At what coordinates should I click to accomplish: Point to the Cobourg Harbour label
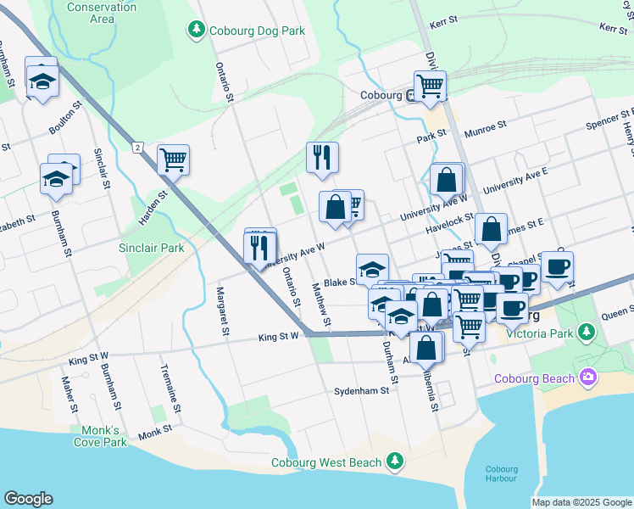(501, 473)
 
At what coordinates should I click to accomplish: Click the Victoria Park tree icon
(586, 329)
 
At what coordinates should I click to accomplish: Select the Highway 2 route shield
(136, 148)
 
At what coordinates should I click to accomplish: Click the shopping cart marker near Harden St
(173, 158)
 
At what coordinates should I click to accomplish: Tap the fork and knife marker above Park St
(322, 156)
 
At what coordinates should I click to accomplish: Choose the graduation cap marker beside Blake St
(371, 269)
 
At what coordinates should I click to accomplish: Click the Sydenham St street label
(361, 391)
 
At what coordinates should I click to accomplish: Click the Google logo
(28, 499)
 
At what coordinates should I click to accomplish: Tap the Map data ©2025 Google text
(581, 502)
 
